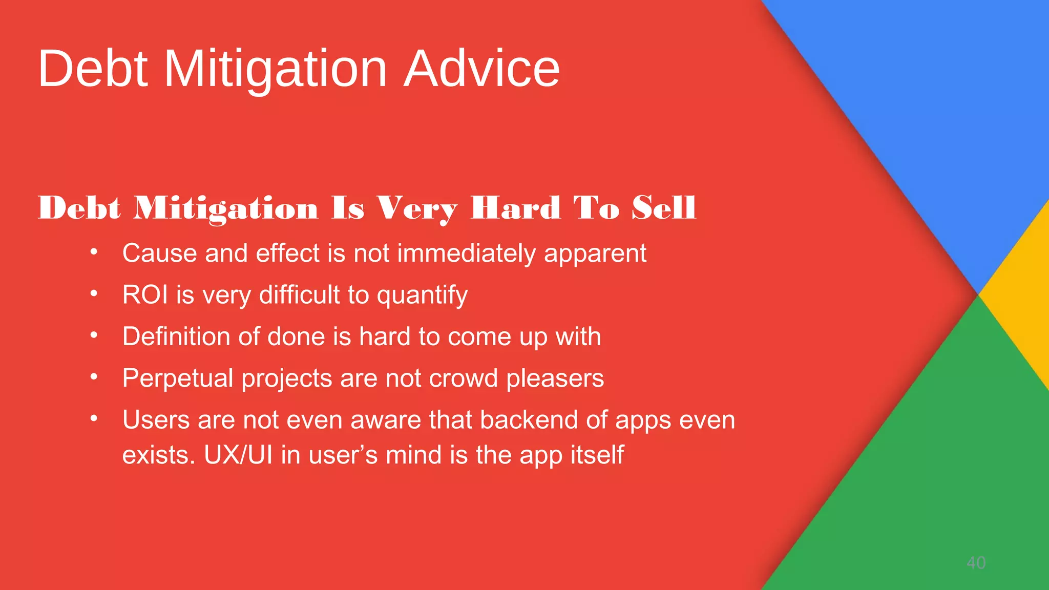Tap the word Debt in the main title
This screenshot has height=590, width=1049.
[93, 69]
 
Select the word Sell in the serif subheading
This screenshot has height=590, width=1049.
[664, 208]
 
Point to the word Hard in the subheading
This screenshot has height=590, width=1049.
[516, 208]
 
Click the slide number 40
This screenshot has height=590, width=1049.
[976, 563]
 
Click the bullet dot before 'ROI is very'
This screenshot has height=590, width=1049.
[94, 293]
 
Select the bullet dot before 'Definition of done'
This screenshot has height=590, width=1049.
[94, 335]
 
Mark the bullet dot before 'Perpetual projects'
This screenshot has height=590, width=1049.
[94, 377]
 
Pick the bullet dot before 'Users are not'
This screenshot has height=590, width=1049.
[94, 418]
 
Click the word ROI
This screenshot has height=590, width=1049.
[145, 295]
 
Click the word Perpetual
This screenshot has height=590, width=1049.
[178, 379]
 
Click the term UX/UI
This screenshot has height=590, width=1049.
[238, 455]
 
